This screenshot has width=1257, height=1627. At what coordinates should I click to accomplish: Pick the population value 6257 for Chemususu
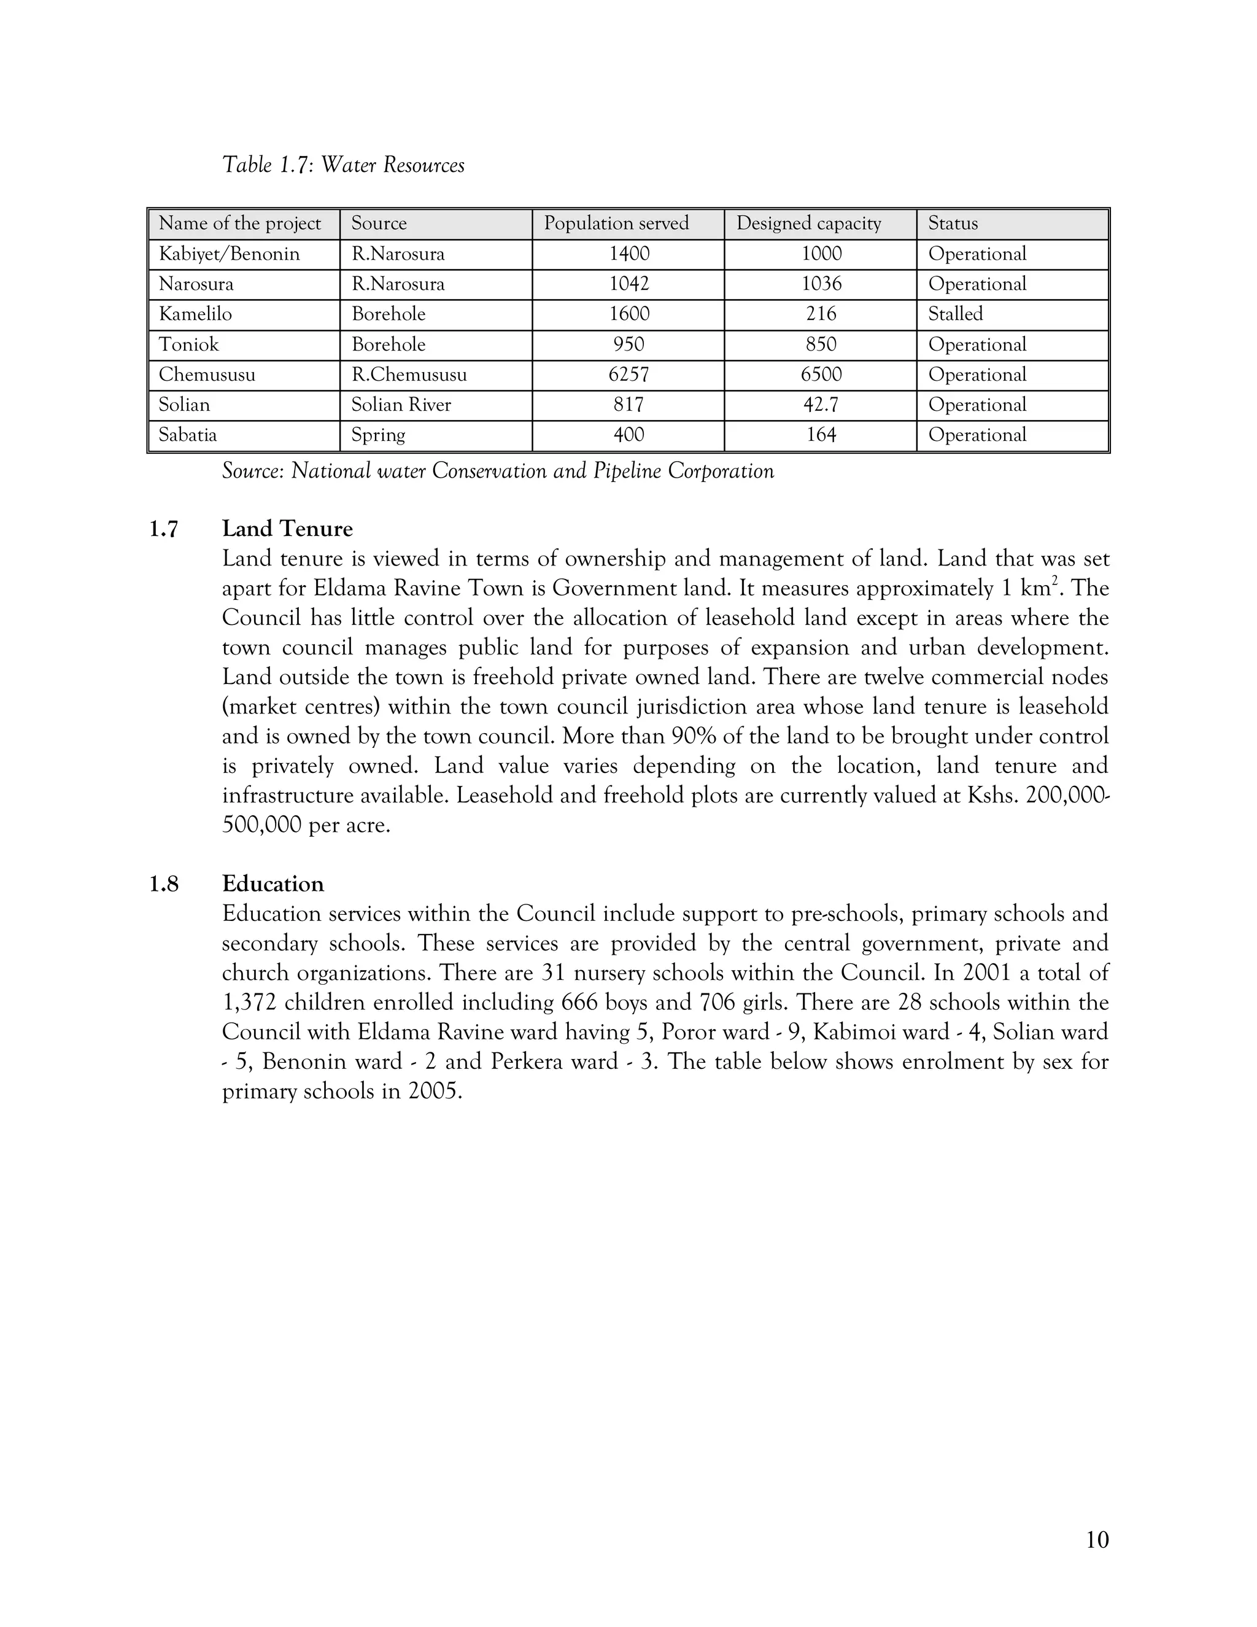click(628, 375)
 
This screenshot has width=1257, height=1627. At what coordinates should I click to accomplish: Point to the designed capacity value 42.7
click(821, 405)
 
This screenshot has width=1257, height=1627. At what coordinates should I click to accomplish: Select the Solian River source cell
click(401, 405)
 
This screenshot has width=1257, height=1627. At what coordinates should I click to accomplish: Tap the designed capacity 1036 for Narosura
click(821, 284)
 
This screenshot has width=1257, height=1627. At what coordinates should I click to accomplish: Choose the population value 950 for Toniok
click(628, 344)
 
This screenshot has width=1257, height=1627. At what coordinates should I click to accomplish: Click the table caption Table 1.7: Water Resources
click(343, 165)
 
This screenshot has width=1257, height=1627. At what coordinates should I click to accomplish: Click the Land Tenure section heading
click(287, 529)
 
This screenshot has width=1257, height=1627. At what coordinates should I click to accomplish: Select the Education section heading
click(273, 883)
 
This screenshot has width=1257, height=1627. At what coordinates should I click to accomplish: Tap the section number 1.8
click(164, 884)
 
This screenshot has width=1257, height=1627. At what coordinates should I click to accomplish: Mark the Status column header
click(953, 223)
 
